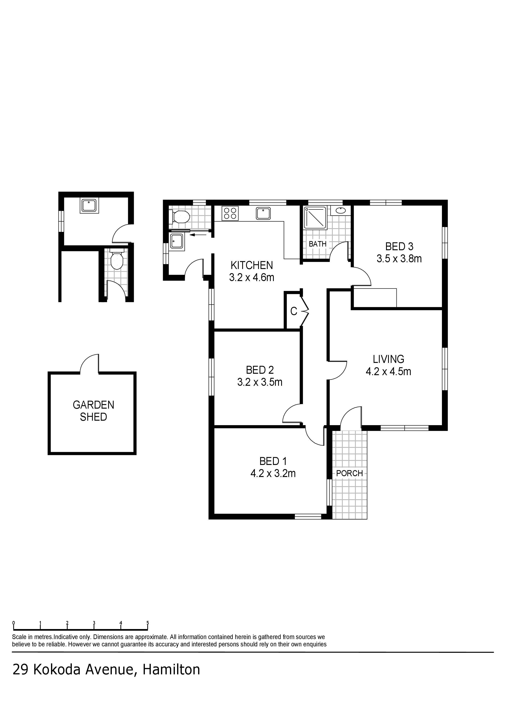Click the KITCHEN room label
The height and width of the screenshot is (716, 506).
pos(252,265)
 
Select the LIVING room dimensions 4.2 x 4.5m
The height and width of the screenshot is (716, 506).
pos(388,371)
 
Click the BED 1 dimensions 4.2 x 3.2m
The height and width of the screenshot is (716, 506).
pos(273,473)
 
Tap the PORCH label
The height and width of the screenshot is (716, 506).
pos(350,473)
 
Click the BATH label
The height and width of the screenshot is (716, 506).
pos(318,244)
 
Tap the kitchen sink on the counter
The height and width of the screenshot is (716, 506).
pos(263,214)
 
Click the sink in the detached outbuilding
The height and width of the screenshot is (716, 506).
pos(90,206)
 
